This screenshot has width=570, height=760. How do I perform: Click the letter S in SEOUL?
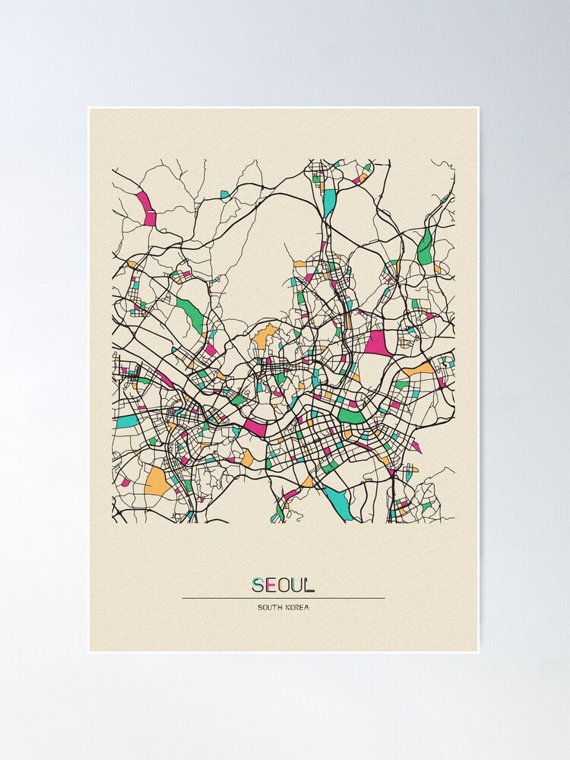pyautogui.click(x=259, y=585)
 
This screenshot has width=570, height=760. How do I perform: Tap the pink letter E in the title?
pyautogui.click(x=272, y=585)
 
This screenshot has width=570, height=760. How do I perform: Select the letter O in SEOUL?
pyautogui.click(x=285, y=585)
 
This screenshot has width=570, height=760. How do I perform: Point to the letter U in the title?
pyautogui.click(x=298, y=585)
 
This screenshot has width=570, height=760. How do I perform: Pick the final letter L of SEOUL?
pyautogui.click(x=309, y=585)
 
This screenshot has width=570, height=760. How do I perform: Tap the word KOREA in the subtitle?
pyautogui.click(x=297, y=607)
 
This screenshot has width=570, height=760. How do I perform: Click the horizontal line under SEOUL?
pyautogui.click(x=283, y=598)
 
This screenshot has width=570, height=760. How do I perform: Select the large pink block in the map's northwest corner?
pyautogui.click(x=147, y=208)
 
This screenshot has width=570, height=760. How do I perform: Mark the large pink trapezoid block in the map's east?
pyautogui.click(x=377, y=344)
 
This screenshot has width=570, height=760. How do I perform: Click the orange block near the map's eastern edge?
pyautogui.click(x=420, y=369)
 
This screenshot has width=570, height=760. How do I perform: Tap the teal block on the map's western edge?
pyautogui.click(x=127, y=420)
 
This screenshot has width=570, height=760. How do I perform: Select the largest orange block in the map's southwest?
pyautogui.click(x=157, y=480)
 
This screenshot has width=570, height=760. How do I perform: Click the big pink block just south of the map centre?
pyautogui.click(x=255, y=428)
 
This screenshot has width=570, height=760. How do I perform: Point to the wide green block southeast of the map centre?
pyautogui.click(x=352, y=416)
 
